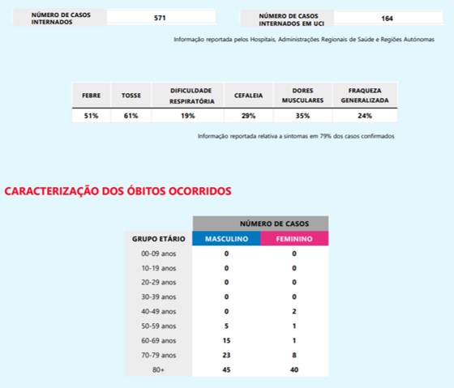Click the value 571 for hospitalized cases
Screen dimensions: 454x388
(160, 17)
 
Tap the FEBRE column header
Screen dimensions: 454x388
(90, 96)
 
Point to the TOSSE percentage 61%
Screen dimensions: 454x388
(131, 116)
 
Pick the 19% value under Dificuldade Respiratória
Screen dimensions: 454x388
(188, 116)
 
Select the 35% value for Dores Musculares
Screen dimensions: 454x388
(302, 116)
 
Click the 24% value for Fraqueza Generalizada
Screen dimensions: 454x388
(364, 116)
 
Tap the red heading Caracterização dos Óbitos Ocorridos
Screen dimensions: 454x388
(118, 191)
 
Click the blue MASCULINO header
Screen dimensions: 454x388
(226, 239)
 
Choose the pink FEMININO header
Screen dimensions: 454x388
(294, 239)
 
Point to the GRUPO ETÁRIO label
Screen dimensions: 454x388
(159, 239)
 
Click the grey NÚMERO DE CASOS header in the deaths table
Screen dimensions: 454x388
(260, 223)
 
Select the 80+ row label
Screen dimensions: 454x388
(159, 369)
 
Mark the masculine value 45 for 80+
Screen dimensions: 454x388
(226, 369)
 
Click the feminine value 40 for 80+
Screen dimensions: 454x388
(294, 369)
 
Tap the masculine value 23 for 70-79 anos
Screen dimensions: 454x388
(226, 355)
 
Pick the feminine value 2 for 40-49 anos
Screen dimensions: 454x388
(294, 311)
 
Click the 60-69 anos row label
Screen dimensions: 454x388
(159, 340)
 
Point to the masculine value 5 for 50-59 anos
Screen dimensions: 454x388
(226, 326)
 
